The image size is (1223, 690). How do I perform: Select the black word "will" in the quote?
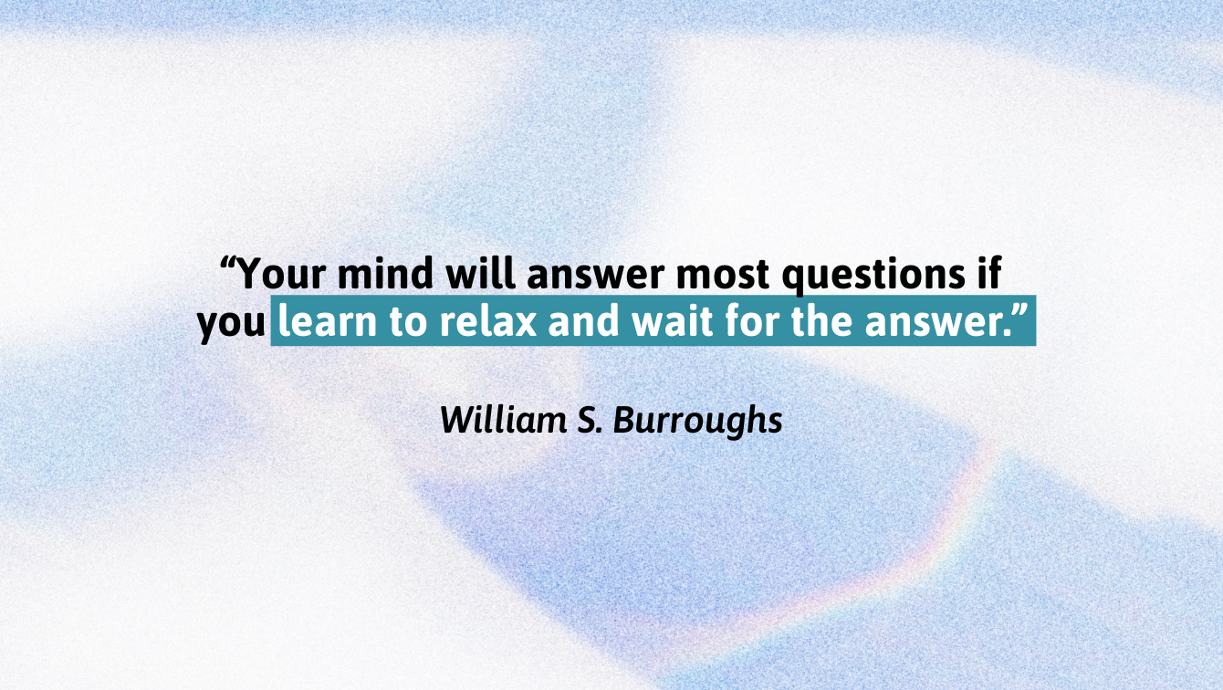click(480, 272)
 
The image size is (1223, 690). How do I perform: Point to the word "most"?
click(723, 275)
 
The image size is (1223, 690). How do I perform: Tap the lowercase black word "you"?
click(231, 325)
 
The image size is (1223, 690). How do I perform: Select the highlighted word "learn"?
click(328, 320)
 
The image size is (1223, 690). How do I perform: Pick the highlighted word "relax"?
click(488, 320)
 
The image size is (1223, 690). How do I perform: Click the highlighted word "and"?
click(584, 320)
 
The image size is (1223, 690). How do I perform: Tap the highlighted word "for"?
click(752, 320)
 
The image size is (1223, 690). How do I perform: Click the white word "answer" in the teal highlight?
click(936, 323)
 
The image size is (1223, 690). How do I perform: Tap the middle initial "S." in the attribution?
click(590, 420)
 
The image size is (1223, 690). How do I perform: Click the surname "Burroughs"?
click(698, 422)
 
